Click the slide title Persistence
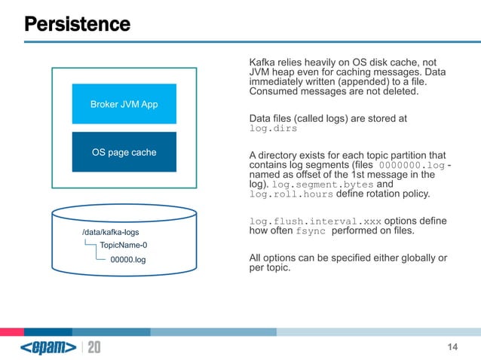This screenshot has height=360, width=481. coord(77,24)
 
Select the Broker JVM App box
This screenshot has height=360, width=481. coord(124,104)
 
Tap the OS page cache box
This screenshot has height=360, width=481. coord(124,152)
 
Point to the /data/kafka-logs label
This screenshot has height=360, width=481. coord(110,233)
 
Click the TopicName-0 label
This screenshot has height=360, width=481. coord(124,246)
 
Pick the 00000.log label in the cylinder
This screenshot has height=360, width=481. coord(127,260)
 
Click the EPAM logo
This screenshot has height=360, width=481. coord(48,347)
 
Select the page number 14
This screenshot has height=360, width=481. coord(452,346)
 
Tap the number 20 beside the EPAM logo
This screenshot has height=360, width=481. coord(94,347)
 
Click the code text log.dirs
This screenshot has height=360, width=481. coord(273,129)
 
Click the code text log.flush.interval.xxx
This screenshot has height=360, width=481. coord(315,221)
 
